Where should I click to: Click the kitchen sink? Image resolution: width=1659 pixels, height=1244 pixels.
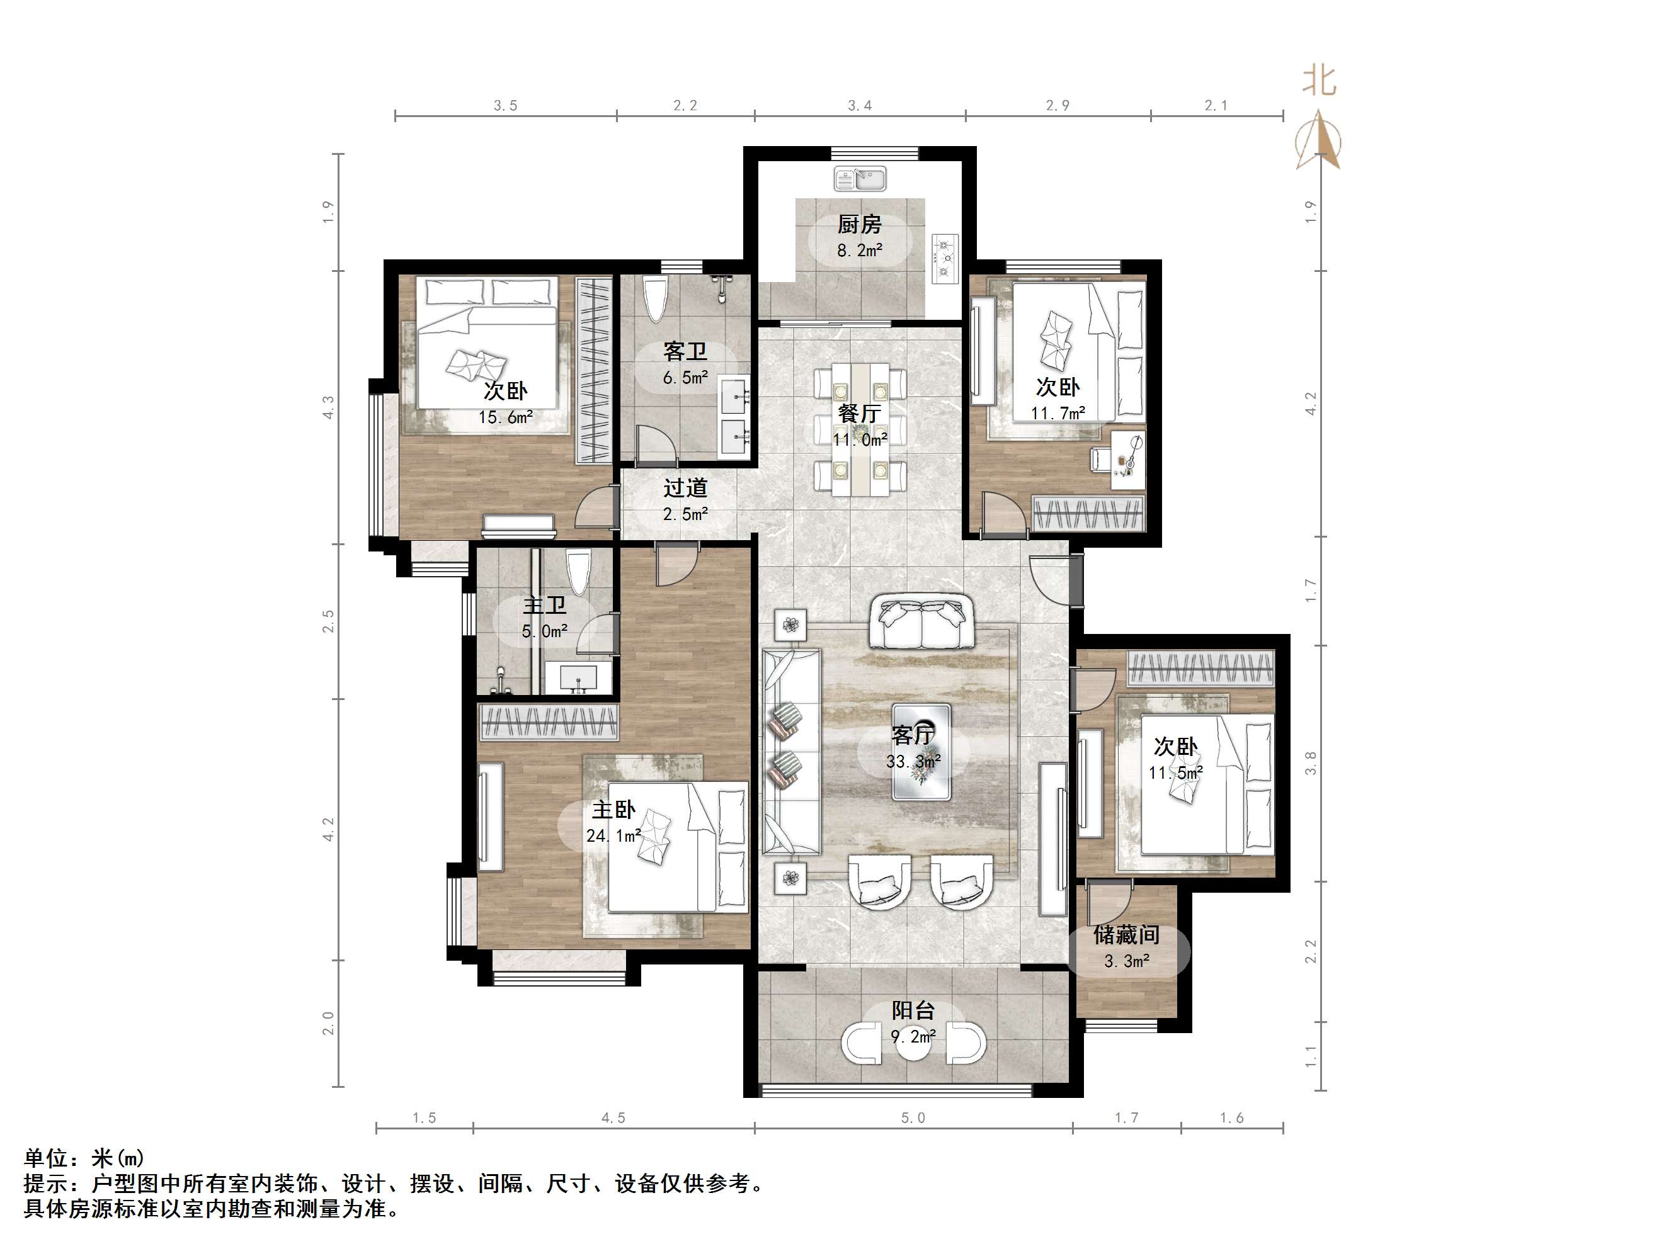(860, 178)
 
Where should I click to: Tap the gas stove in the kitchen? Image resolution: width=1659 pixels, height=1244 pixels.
(945, 259)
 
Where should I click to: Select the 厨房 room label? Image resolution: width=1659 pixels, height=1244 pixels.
(860, 224)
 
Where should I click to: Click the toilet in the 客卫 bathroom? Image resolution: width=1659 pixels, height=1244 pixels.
(656, 299)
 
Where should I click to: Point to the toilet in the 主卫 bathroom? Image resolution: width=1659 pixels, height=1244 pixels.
(578, 573)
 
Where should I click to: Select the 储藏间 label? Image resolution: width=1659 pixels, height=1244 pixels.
(1127, 934)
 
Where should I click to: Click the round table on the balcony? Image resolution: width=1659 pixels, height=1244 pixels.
(913, 1043)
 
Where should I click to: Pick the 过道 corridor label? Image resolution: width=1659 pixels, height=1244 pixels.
(685, 488)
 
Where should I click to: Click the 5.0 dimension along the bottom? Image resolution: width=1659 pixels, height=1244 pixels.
(913, 1118)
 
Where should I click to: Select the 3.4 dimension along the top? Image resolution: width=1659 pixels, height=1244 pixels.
(860, 106)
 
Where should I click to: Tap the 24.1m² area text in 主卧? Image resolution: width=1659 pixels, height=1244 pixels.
(613, 835)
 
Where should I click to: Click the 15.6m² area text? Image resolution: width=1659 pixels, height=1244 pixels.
(506, 417)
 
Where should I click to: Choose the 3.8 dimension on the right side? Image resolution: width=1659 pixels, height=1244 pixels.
(1310, 764)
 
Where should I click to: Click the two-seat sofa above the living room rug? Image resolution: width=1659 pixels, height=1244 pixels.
(921, 621)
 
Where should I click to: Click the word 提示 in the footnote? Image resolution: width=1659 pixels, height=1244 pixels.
(47, 1184)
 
